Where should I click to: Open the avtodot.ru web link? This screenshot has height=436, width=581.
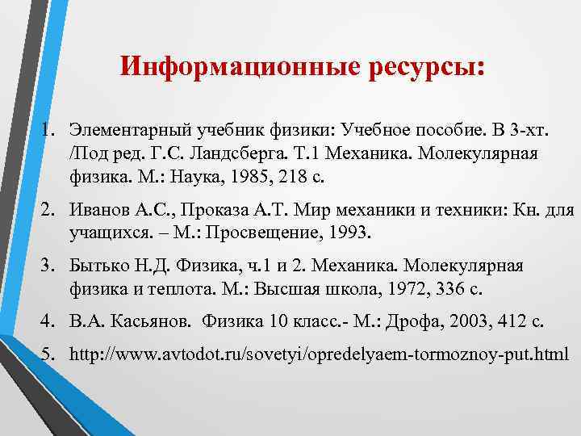coord(319,354)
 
